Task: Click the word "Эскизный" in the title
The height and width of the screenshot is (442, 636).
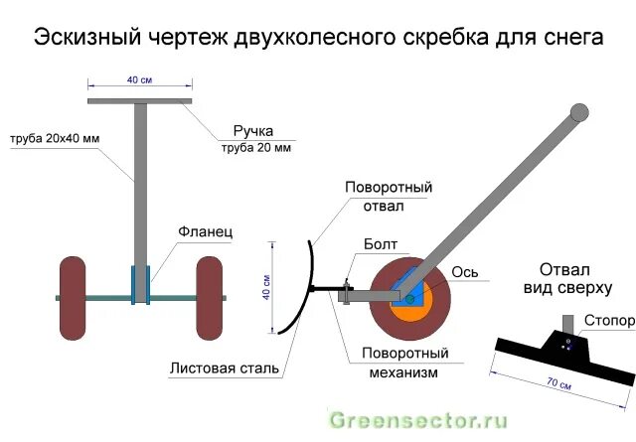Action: [84, 38]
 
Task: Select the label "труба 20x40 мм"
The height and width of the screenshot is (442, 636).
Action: [55, 138]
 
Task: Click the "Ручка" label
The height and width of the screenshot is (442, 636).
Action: [252, 131]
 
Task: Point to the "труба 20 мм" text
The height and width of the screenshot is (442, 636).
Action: [255, 148]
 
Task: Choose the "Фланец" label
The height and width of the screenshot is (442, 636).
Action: [205, 230]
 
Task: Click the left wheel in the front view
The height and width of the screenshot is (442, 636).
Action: [72, 295]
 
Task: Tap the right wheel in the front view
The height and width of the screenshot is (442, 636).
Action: [209, 295]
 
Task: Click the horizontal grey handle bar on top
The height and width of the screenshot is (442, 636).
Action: [139, 100]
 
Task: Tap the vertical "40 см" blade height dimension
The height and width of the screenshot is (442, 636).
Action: [265, 288]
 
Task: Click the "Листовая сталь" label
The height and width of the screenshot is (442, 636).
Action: [225, 368]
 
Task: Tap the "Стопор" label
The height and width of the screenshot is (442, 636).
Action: [608, 321]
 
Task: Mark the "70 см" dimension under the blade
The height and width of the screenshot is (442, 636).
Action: [561, 382]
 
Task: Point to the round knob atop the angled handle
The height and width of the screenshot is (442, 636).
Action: [577, 111]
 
